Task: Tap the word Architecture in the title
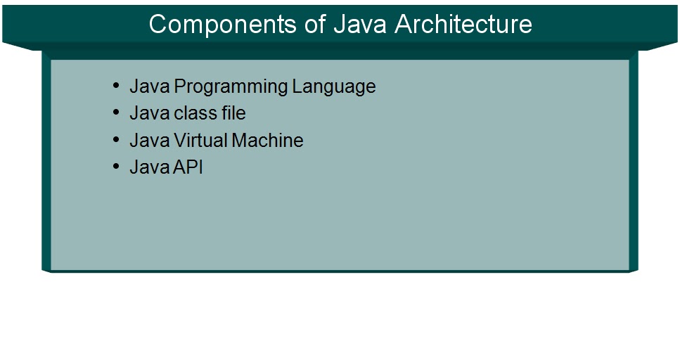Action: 463,24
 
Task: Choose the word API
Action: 188,167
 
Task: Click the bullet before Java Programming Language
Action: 116,86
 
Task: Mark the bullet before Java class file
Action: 116,113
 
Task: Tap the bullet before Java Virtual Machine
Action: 116,140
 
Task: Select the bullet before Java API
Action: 116,167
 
